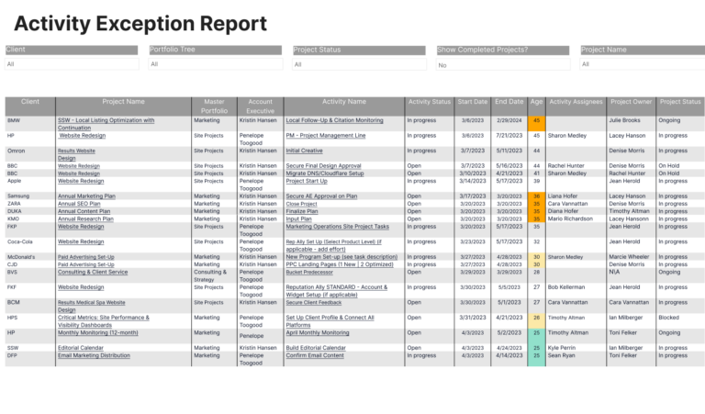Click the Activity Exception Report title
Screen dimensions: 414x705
coord(140,24)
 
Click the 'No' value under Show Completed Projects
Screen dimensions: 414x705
coord(442,65)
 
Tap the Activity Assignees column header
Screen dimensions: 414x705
coord(576,102)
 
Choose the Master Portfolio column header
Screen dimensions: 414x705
coord(213,106)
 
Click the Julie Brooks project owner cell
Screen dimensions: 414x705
coord(624,120)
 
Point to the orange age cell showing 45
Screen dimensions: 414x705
coord(536,120)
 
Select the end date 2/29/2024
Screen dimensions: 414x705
coord(509,120)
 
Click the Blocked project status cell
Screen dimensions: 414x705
coord(670,317)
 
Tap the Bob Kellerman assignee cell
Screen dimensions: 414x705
coord(566,287)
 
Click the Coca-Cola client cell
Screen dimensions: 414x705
coord(19,241)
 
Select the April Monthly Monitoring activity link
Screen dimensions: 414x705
coord(317,333)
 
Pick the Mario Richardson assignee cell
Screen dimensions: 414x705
coord(576,218)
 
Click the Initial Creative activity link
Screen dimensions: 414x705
coord(304,151)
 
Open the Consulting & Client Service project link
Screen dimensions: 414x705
coord(93,272)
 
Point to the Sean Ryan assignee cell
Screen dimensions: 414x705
coord(564,355)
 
